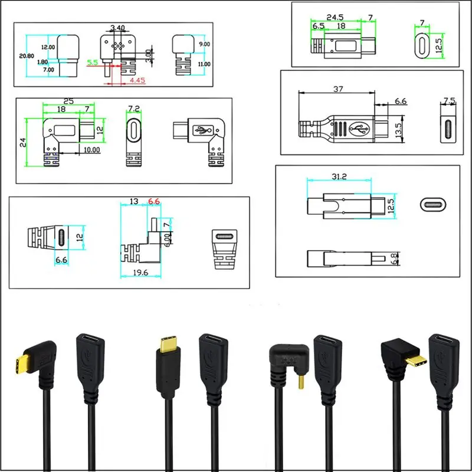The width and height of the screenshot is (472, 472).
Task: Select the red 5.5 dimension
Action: click(92, 61)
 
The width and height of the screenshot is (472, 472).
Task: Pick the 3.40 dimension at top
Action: click(116, 28)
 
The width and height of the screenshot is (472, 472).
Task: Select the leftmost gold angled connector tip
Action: click(19, 364)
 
